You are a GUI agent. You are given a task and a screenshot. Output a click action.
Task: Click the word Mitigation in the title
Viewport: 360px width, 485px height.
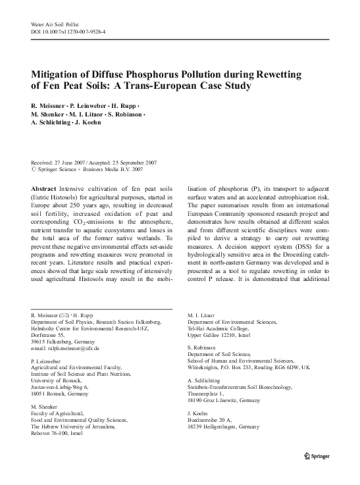click(x=59, y=74)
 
